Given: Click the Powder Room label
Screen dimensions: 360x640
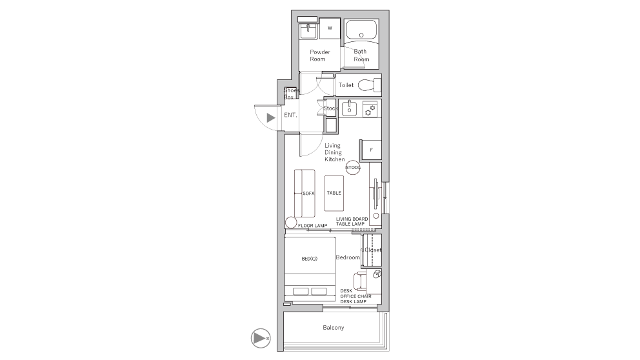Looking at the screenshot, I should tap(319, 55).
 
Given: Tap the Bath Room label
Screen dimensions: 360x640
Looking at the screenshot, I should tap(361, 55).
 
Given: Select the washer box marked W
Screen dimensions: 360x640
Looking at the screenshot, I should tap(330, 28).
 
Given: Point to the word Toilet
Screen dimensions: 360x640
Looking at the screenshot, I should tap(346, 85).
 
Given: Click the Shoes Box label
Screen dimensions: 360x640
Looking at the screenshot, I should tap(291, 94).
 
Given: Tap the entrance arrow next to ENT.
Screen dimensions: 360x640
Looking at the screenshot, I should tap(271, 117).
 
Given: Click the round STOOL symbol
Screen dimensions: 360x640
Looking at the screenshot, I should tap(353, 167).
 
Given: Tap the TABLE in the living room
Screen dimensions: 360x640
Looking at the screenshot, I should tap(334, 193).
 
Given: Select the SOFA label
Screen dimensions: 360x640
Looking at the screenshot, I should tap(308, 193).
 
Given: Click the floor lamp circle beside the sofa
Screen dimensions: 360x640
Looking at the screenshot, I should tap(290, 223).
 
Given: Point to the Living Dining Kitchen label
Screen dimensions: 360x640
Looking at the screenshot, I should tap(334, 152).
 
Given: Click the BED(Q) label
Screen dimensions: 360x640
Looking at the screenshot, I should tap(310, 259).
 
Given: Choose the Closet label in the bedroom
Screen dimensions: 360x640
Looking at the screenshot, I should tap(373, 250).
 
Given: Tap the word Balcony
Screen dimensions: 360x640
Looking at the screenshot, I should tap(334, 328).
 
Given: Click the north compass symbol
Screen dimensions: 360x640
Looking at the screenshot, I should tap(260, 337).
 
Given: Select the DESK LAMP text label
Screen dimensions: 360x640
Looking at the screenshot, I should tap(354, 302).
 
